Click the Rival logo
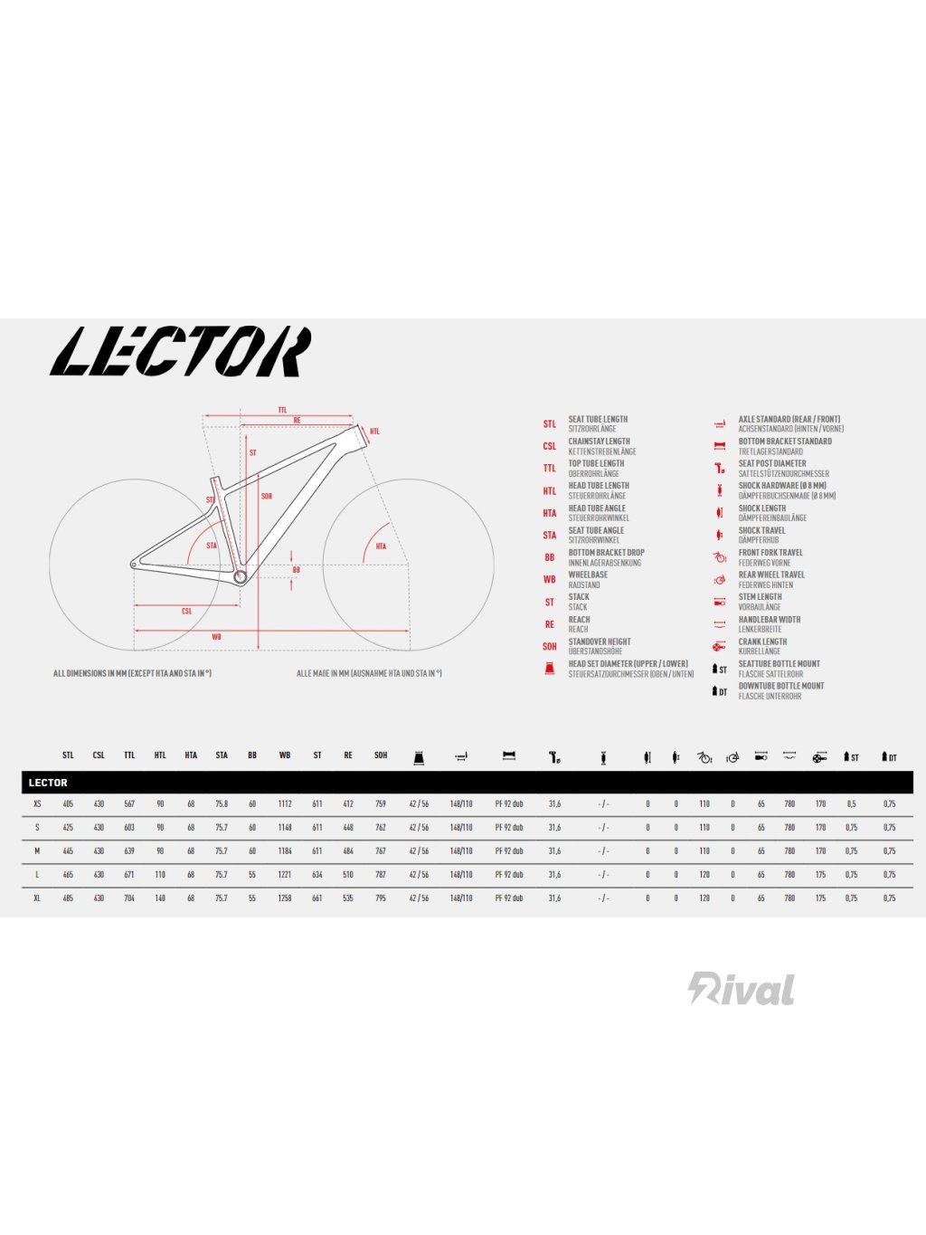point(742,988)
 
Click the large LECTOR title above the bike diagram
point(181,352)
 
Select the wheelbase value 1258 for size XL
point(285,898)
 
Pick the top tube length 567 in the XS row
point(129,804)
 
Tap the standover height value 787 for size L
point(381,875)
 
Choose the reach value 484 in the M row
point(348,851)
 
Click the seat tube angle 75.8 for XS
point(222,804)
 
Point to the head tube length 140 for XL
point(160,898)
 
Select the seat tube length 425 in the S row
point(68,828)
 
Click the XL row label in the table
point(37,898)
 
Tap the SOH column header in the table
point(381,755)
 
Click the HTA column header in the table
point(191,755)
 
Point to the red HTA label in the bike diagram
point(381,546)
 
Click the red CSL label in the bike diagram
point(187,612)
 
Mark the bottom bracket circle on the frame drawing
point(241,576)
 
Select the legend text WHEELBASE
point(588,575)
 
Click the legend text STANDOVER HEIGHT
point(600,641)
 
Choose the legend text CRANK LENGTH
point(762,641)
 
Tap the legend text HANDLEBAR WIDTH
point(769,620)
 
